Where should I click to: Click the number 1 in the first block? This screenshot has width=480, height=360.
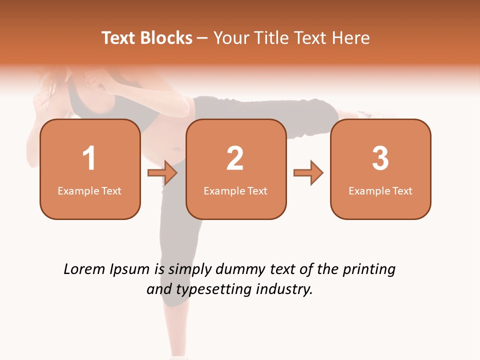pos(89,158)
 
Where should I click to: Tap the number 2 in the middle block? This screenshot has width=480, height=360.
pos(235,158)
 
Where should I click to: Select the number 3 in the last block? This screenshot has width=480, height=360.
pos(380,158)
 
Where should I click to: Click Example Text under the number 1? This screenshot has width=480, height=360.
pos(89,191)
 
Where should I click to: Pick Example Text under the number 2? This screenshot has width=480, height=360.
pos(235,191)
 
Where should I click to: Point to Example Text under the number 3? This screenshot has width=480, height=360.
pos(380,191)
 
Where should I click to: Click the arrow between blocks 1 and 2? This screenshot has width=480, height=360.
pos(162,173)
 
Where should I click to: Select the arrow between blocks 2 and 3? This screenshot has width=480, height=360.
pos(308,173)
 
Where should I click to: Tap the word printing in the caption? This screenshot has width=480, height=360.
pos(368,270)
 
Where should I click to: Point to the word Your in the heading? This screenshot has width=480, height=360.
pos(230,38)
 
